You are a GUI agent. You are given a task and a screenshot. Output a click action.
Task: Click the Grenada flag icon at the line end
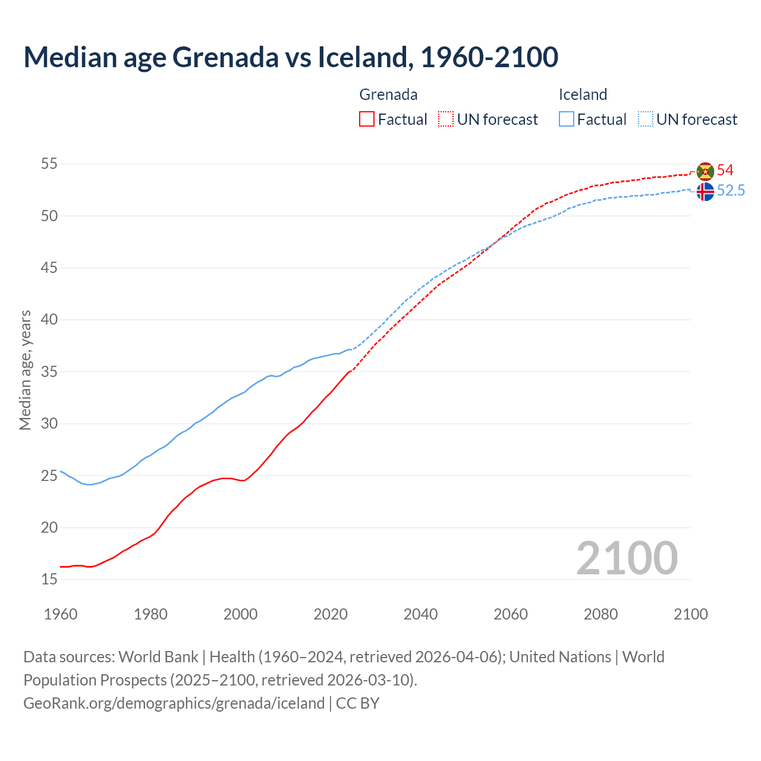point(705,171)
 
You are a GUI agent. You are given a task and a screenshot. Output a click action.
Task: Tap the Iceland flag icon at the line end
point(705,191)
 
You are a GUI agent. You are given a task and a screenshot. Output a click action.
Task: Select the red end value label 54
point(725,171)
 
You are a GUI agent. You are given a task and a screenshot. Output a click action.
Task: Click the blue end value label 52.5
point(731,191)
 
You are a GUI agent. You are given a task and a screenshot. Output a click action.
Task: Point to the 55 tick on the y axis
point(49,163)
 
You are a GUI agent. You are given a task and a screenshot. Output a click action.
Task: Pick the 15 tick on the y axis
point(49,579)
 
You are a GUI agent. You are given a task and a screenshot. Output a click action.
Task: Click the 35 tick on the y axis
point(49,372)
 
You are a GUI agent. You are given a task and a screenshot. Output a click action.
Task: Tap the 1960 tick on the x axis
point(61,614)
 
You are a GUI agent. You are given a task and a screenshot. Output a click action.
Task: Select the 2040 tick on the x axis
point(420,614)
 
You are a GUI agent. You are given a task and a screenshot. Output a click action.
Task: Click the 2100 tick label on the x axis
point(690,614)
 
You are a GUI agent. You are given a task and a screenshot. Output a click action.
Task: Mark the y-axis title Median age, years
point(25,370)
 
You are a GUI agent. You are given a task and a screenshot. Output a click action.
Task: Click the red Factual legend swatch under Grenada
point(367,120)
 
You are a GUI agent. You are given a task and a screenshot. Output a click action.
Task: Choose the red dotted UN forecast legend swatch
point(446,120)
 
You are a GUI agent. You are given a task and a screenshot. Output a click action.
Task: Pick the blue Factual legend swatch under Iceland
point(567,120)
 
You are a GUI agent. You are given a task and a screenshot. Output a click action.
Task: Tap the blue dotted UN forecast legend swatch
point(645,120)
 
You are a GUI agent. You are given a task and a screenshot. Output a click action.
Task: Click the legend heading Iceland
point(583,95)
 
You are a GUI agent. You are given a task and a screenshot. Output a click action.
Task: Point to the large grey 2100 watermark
point(627,558)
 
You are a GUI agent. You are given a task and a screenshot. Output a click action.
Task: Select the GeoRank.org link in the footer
point(174,703)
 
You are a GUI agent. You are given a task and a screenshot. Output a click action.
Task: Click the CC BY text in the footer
point(358,703)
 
